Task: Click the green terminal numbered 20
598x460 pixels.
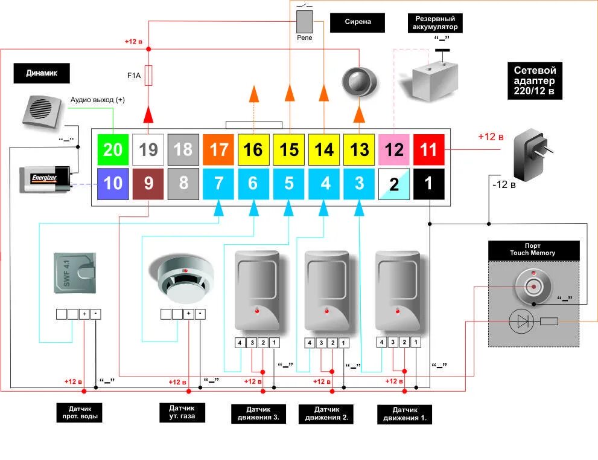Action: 113,149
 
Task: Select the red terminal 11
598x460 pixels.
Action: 428,149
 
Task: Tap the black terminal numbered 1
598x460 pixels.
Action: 428,184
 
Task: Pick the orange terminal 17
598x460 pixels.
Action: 218,149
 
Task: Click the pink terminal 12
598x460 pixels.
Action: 393,149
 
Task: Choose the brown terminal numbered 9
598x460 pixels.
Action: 148,184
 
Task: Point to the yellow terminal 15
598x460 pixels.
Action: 288,149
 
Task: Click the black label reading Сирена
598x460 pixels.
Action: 357,22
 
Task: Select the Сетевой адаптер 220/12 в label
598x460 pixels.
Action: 535,80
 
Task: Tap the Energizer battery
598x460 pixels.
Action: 45,179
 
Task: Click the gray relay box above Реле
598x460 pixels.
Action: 305,22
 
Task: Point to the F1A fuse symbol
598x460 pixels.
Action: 148,76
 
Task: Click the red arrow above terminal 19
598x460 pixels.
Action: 148,114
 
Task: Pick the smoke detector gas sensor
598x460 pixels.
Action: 181,279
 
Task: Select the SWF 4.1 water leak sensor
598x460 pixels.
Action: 75,273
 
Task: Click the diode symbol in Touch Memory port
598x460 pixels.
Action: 521,322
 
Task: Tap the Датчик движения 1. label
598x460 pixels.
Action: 405,414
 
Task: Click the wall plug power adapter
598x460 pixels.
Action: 532,154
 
